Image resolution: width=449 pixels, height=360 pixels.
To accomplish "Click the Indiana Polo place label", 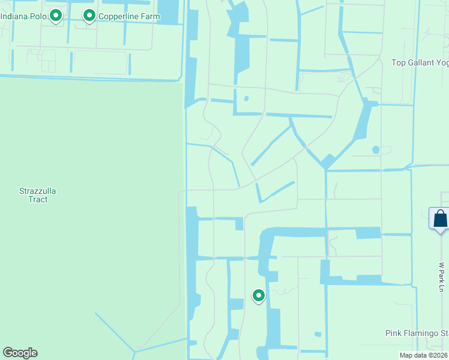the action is coord(24,16).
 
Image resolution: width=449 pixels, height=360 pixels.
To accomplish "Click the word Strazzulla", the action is coord(37,191).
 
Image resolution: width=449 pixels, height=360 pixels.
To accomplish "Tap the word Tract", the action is coord(37,199).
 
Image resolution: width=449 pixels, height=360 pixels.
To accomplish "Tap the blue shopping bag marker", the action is coord(440,218).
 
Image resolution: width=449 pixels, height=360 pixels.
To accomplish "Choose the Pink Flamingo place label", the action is coord(416,333).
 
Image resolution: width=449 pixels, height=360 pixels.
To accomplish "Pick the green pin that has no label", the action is coord(259,295).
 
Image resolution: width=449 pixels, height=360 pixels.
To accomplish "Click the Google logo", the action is coord(20,353).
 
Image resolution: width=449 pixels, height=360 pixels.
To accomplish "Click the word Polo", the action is coord(38,16).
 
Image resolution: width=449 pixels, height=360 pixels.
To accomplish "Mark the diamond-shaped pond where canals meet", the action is coord(328,161).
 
